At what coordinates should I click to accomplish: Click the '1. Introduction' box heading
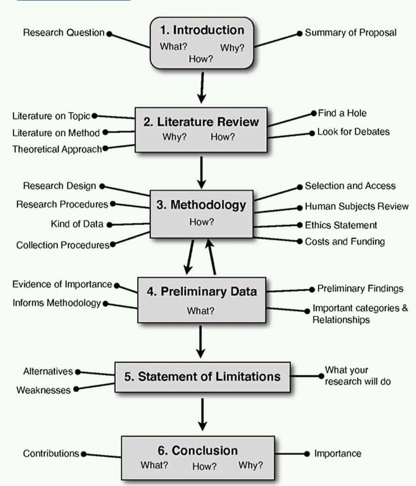click(202, 30)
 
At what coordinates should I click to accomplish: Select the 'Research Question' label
click(64, 33)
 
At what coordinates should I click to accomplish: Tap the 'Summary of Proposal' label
click(350, 33)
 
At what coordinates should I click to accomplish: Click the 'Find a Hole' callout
click(342, 113)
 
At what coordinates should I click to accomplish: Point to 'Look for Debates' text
click(353, 132)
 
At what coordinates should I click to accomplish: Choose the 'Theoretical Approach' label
click(57, 149)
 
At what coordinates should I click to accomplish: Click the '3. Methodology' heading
click(201, 205)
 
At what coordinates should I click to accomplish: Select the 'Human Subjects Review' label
click(356, 207)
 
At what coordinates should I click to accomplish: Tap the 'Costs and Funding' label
click(345, 241)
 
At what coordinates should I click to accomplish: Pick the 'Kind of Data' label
click(77, 224)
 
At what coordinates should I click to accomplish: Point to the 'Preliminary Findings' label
click(360, 289)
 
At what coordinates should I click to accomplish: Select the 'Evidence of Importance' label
click(62, 285)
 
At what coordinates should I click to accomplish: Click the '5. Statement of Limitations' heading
click(202, 377)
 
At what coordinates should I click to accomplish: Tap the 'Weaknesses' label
click(44, 390)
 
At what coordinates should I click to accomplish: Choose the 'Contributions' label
click(51, 454)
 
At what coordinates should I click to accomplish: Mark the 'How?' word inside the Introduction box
click(201, 59)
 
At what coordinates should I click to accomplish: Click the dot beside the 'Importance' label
click(306, 454)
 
